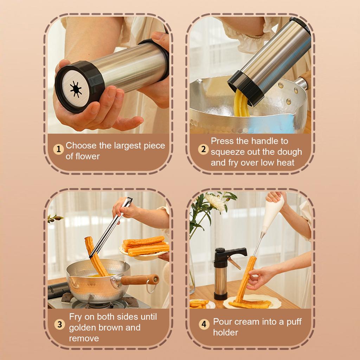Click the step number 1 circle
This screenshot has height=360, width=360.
point(59,149)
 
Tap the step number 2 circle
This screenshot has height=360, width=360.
point(203,149)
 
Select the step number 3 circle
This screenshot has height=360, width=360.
point(60,324)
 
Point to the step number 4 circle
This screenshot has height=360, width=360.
point(204,324)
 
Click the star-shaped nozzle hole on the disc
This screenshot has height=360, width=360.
point(76,89)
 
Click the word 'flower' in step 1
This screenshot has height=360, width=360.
point(83,156)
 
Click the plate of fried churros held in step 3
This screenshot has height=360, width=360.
point(145,248)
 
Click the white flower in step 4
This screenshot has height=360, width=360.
point(215,202)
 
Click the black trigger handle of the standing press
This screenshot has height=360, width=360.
point(236,252)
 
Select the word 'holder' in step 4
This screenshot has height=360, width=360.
point(226,333)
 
